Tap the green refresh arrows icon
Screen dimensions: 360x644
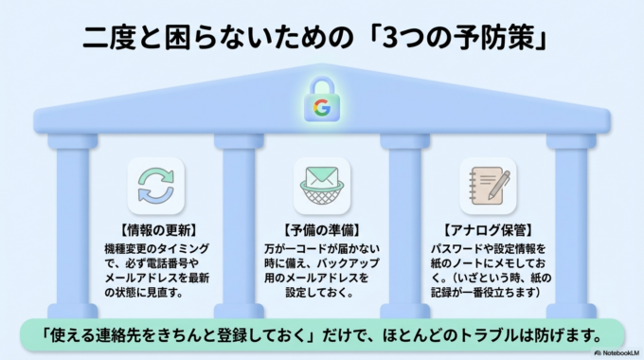click(156, 186)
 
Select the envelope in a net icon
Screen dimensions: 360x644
click(322, 186)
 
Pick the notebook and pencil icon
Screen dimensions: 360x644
click(487, 186)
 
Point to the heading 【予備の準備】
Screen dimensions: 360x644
click(322, 230)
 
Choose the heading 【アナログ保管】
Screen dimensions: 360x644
click(487, 230)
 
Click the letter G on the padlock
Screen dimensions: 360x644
click(322, 107)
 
